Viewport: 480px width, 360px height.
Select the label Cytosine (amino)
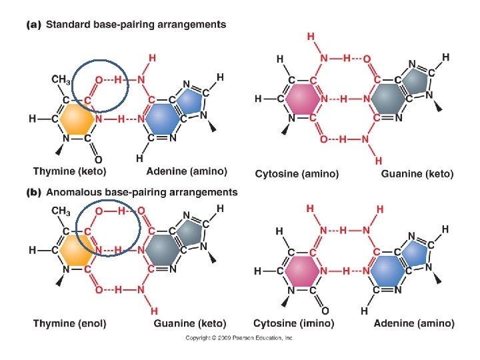click(297, 174)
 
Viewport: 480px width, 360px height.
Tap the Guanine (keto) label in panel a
click(417, 174)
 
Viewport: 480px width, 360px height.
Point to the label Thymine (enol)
click(69, 323)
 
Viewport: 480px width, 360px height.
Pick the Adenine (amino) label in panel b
click(414, 323)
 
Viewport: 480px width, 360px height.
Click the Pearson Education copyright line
click(239, 338)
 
